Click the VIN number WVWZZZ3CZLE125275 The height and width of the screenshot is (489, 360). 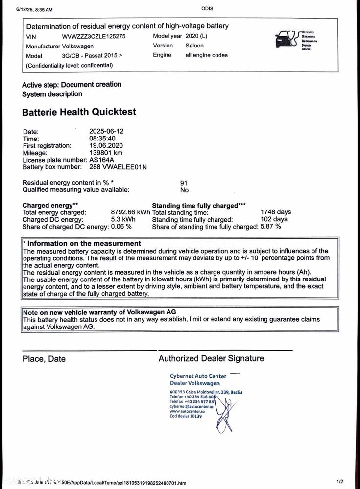pyautogui.click(x=94, y=36)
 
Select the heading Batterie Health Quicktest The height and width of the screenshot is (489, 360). pyautogui.click(x=79, y=112)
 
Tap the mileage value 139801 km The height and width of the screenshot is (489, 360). pyautogui.click(x=106, y=153)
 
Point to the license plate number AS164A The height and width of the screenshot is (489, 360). pyautogui.click(x=101, y=160)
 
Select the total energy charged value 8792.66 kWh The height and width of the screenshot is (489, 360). pyautogui.click(x=131, y=212)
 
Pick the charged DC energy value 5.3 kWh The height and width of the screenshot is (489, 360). pyautogui.click(x=123, y=219)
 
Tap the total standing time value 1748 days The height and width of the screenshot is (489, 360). pyautogui.click(x=276, y=212)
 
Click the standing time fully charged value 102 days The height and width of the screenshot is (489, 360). pyautogui.click(x=274, y=219)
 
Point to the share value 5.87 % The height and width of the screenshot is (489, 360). pyautogui.click(x=271, y=227)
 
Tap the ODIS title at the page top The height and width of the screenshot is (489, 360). pyautogui.click(x=207, y=9)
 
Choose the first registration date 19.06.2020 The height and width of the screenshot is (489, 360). pyautogui.click(x=106, y=145)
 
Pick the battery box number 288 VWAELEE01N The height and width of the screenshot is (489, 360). pyautogui.click(x=118, y=167)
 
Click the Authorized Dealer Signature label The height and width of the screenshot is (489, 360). pyautogui.click(x=211, y=359)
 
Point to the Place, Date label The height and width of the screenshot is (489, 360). pyautogui.click(x=44, y=359)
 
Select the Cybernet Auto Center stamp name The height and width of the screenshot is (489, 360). pyautogui.click(x=198, y=376)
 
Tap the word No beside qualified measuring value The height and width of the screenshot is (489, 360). pyautogui.click(x=184, y=190)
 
